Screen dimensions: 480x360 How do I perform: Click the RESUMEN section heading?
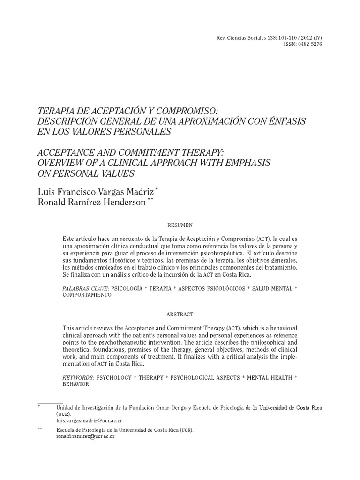tap(180, 225)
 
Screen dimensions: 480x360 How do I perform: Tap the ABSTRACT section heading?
tap(180, 314)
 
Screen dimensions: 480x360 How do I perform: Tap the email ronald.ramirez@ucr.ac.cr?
tap(85, 436)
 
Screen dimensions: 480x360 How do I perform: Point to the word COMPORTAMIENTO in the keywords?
tap(87, 296)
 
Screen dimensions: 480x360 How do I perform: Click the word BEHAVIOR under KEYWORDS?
tap(75, 384)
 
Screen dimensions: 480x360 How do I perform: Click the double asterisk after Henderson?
tap(150, 200)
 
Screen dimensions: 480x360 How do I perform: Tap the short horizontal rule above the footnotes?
tap(50, 403)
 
